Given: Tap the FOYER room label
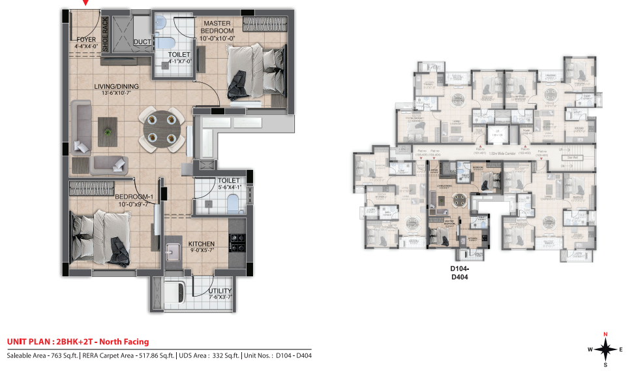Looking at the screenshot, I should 86,40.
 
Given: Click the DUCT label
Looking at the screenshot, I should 142,42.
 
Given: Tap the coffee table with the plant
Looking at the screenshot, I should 108,132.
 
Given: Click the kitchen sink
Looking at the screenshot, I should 175,252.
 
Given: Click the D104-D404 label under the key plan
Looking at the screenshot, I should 460,272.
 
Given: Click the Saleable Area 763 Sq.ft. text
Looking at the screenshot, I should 42,356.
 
